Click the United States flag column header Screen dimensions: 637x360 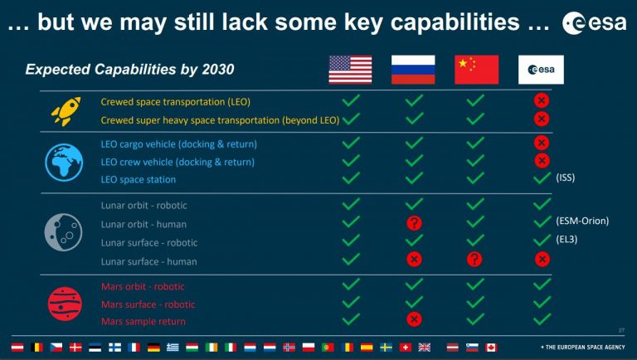point(350,70)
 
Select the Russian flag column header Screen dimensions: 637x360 point(413,70)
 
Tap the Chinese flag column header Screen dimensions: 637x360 point(477,70)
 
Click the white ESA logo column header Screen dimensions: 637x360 point(541,70)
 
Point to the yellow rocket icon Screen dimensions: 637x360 point(66,111)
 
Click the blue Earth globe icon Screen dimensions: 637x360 point(64,162)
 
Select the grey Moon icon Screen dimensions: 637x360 point(63,232)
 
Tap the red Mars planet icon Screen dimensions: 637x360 point(65,304)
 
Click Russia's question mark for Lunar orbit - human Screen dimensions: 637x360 point(414,222)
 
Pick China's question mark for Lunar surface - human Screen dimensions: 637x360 point(474,259)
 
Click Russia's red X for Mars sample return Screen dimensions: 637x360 point(414,319)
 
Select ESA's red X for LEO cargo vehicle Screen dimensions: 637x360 point(541,143)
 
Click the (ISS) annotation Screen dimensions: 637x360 point(565,178)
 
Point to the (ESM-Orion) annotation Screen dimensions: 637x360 point(582,221)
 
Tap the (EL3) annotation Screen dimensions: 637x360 point(566,239)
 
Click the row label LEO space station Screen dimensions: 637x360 point(139,180)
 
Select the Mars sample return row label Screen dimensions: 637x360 point(143,321)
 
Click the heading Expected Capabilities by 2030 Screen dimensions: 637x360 point(129,70)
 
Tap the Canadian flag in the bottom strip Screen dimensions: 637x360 point(491,348)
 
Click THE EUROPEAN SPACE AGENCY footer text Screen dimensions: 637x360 point(582,347)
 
